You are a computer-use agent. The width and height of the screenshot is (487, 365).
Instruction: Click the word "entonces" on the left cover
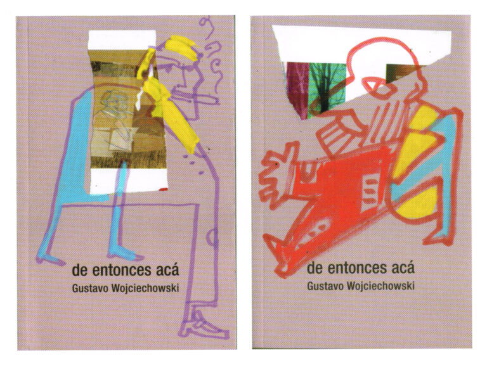(x=120, y=271)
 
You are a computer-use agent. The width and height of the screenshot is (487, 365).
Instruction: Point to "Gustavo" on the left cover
(x=90, y=288)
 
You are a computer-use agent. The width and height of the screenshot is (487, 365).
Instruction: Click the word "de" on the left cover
(x=79, y=271)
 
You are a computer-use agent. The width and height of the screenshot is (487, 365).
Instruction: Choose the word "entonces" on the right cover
(x=354, y=268)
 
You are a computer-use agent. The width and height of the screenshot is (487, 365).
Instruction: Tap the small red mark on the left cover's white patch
(x=163, y=189)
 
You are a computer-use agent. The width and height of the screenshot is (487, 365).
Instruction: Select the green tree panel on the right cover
(x=327, y=89)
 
